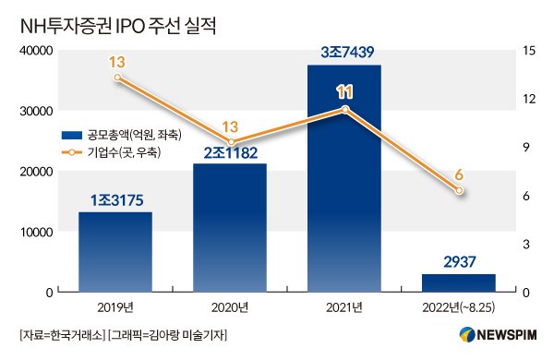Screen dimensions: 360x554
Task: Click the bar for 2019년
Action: pos(115,251)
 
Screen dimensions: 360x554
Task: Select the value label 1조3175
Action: pos(115,199)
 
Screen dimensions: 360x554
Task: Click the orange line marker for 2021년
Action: pos(344,109)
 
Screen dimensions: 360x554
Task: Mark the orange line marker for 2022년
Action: pos(459,190)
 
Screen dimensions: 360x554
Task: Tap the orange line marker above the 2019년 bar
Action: pos(116,77)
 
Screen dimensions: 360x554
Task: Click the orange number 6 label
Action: pos(459,173)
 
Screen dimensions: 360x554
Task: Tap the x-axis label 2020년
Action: pos(230,307)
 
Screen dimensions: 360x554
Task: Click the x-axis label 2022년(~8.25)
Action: pos(459,307)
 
